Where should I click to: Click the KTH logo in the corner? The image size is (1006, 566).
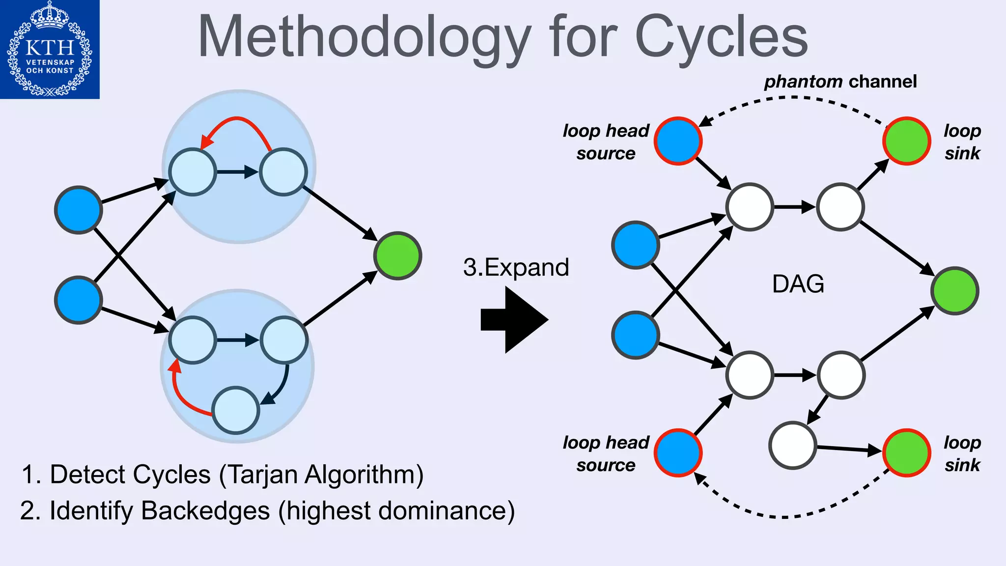[x=50, y=49]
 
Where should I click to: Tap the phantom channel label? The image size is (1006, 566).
[x=840, y=82]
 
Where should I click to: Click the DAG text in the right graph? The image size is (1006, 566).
[x=798, y=284]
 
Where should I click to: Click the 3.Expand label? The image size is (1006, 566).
[x=516, y=268]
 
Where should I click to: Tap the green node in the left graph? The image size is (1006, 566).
[x=397, y=256]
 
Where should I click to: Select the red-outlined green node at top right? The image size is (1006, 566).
[x=906, y=141]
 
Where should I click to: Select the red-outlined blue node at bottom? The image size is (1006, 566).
[x=678, y=453]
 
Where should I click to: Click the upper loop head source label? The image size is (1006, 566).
[x=606, y=142]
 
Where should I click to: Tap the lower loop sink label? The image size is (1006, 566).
[x=962, y=453]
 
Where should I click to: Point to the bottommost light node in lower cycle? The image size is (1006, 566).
[x=236, y=410]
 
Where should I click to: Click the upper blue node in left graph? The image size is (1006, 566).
[x=79, y=210]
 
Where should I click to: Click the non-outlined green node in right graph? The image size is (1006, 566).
[x=954, y=291]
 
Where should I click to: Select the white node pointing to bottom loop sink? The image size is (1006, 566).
[x=792, y=445]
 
